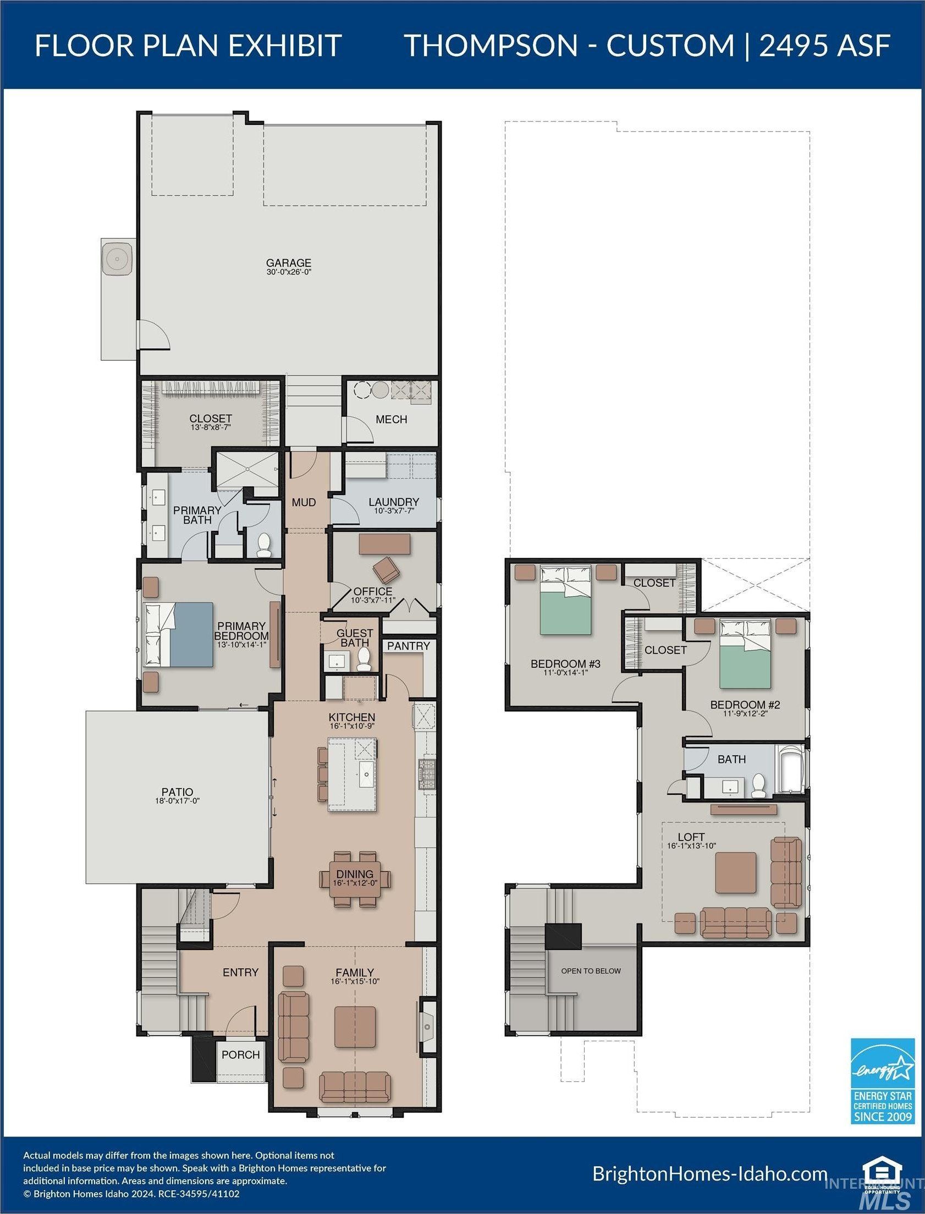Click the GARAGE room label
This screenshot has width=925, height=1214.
point(289,263)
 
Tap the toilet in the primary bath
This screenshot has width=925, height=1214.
point(265,544)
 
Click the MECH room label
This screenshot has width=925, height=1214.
point(392,419)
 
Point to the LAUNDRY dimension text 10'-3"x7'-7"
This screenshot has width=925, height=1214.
point(394,510)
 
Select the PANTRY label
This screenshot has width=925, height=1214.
point(409,646)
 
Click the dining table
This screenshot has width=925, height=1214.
point(355,879)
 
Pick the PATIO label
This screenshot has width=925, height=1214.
point(177,792)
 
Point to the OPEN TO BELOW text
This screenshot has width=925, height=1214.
point(591,971)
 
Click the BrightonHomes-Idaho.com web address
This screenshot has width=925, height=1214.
point(711,1174)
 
